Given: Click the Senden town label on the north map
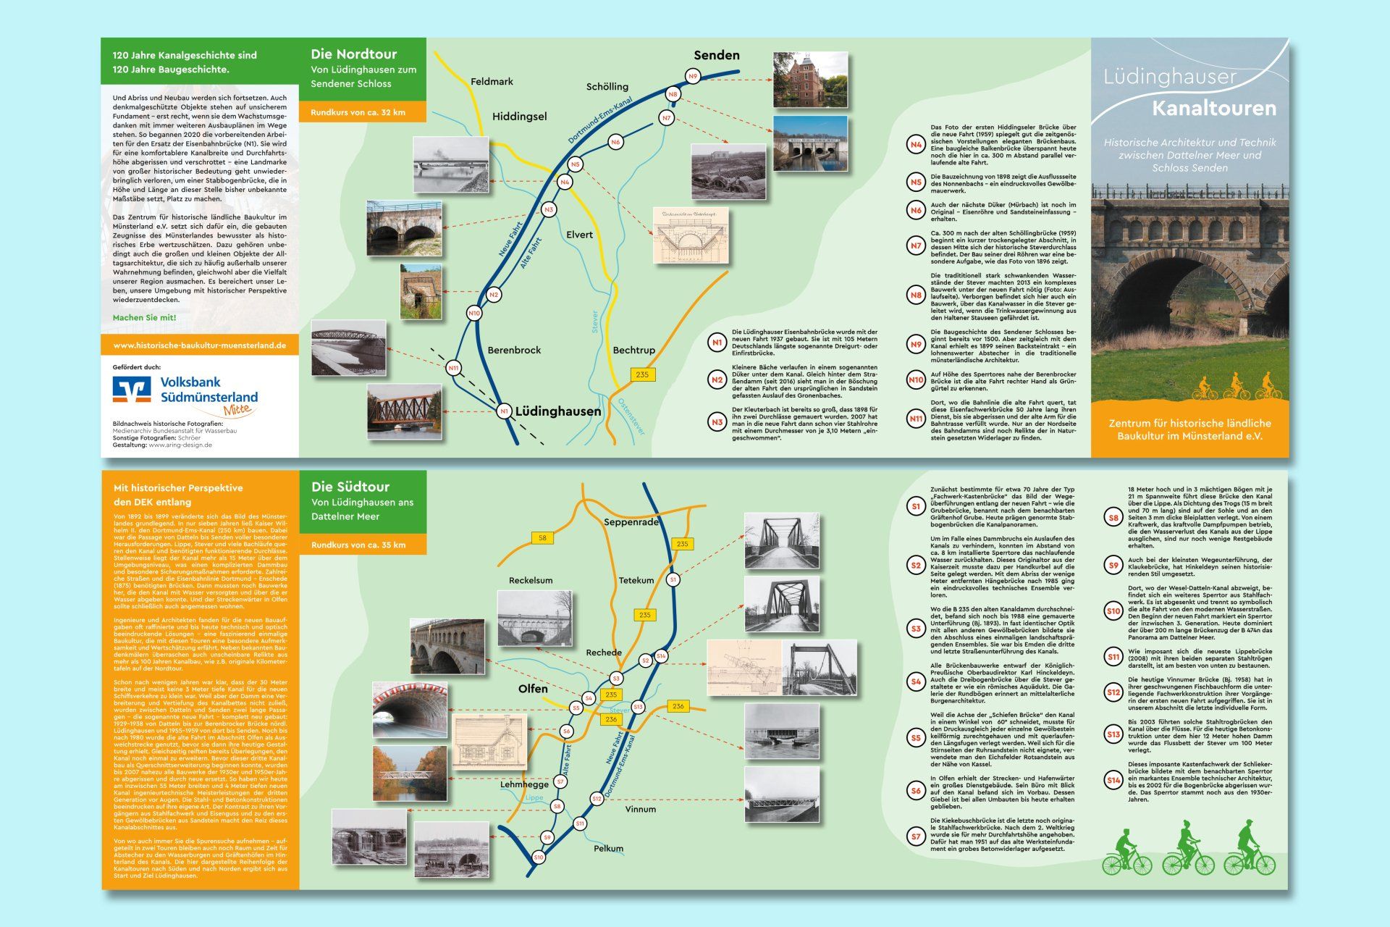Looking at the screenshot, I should coord(716,55).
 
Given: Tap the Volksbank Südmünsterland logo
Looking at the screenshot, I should coord(185,391).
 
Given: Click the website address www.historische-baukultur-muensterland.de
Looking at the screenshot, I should coord(200,345).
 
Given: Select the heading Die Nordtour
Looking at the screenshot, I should coord(354,54).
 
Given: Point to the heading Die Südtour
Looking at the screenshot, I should coord(350,487).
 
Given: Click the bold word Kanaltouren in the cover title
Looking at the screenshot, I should coord(1213,109).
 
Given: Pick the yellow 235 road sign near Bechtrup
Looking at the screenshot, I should coord(641,374).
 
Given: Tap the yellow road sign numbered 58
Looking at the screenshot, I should coord(542,537).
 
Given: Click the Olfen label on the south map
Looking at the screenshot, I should coord(533,688).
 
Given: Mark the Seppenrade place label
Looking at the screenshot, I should coord(631,521).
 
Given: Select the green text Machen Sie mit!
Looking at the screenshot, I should coord(144,317).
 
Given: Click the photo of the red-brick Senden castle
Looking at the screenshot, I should coord(810,80).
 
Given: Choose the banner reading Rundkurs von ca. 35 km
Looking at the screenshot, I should coord(358,545).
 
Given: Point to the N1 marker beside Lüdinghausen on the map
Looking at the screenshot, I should coord(504,411).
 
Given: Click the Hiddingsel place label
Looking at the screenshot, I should coord(519,116).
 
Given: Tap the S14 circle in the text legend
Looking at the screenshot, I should coord(1113,780).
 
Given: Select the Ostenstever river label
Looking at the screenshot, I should coord(631,416).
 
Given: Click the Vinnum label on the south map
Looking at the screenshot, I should coord(640,809).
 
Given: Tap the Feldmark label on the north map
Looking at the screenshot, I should coord(492,82).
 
